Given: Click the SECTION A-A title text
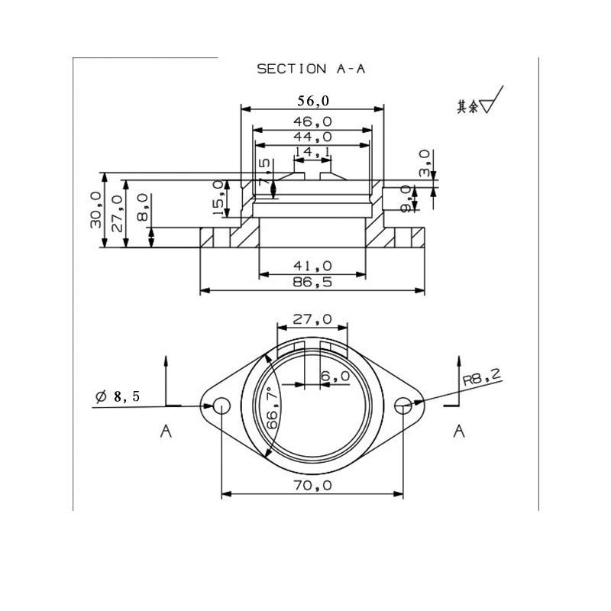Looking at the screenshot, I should coord(311,69).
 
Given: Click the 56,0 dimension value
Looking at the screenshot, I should coord(312,100).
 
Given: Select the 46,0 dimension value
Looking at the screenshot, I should coord(312,121).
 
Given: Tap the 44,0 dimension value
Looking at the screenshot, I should coord(312,137).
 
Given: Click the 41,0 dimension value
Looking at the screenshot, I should coord(312,266).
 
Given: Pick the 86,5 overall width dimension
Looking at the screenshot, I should coord(312,282).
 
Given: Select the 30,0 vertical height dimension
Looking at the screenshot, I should coord(96,209).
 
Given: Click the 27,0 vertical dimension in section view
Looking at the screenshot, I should coord(118,209).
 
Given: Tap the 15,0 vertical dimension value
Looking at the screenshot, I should coord(218,197).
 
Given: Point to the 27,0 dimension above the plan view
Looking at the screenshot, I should coord(312,318).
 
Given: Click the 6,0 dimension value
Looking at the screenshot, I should coord(335,376).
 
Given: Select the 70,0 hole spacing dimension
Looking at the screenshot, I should coord(312,485).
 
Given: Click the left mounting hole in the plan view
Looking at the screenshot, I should coord(221,405).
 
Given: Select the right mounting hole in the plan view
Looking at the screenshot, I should coord(403,405).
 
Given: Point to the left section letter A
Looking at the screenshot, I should coord(166,432).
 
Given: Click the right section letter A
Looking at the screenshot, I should coord(459,432).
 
